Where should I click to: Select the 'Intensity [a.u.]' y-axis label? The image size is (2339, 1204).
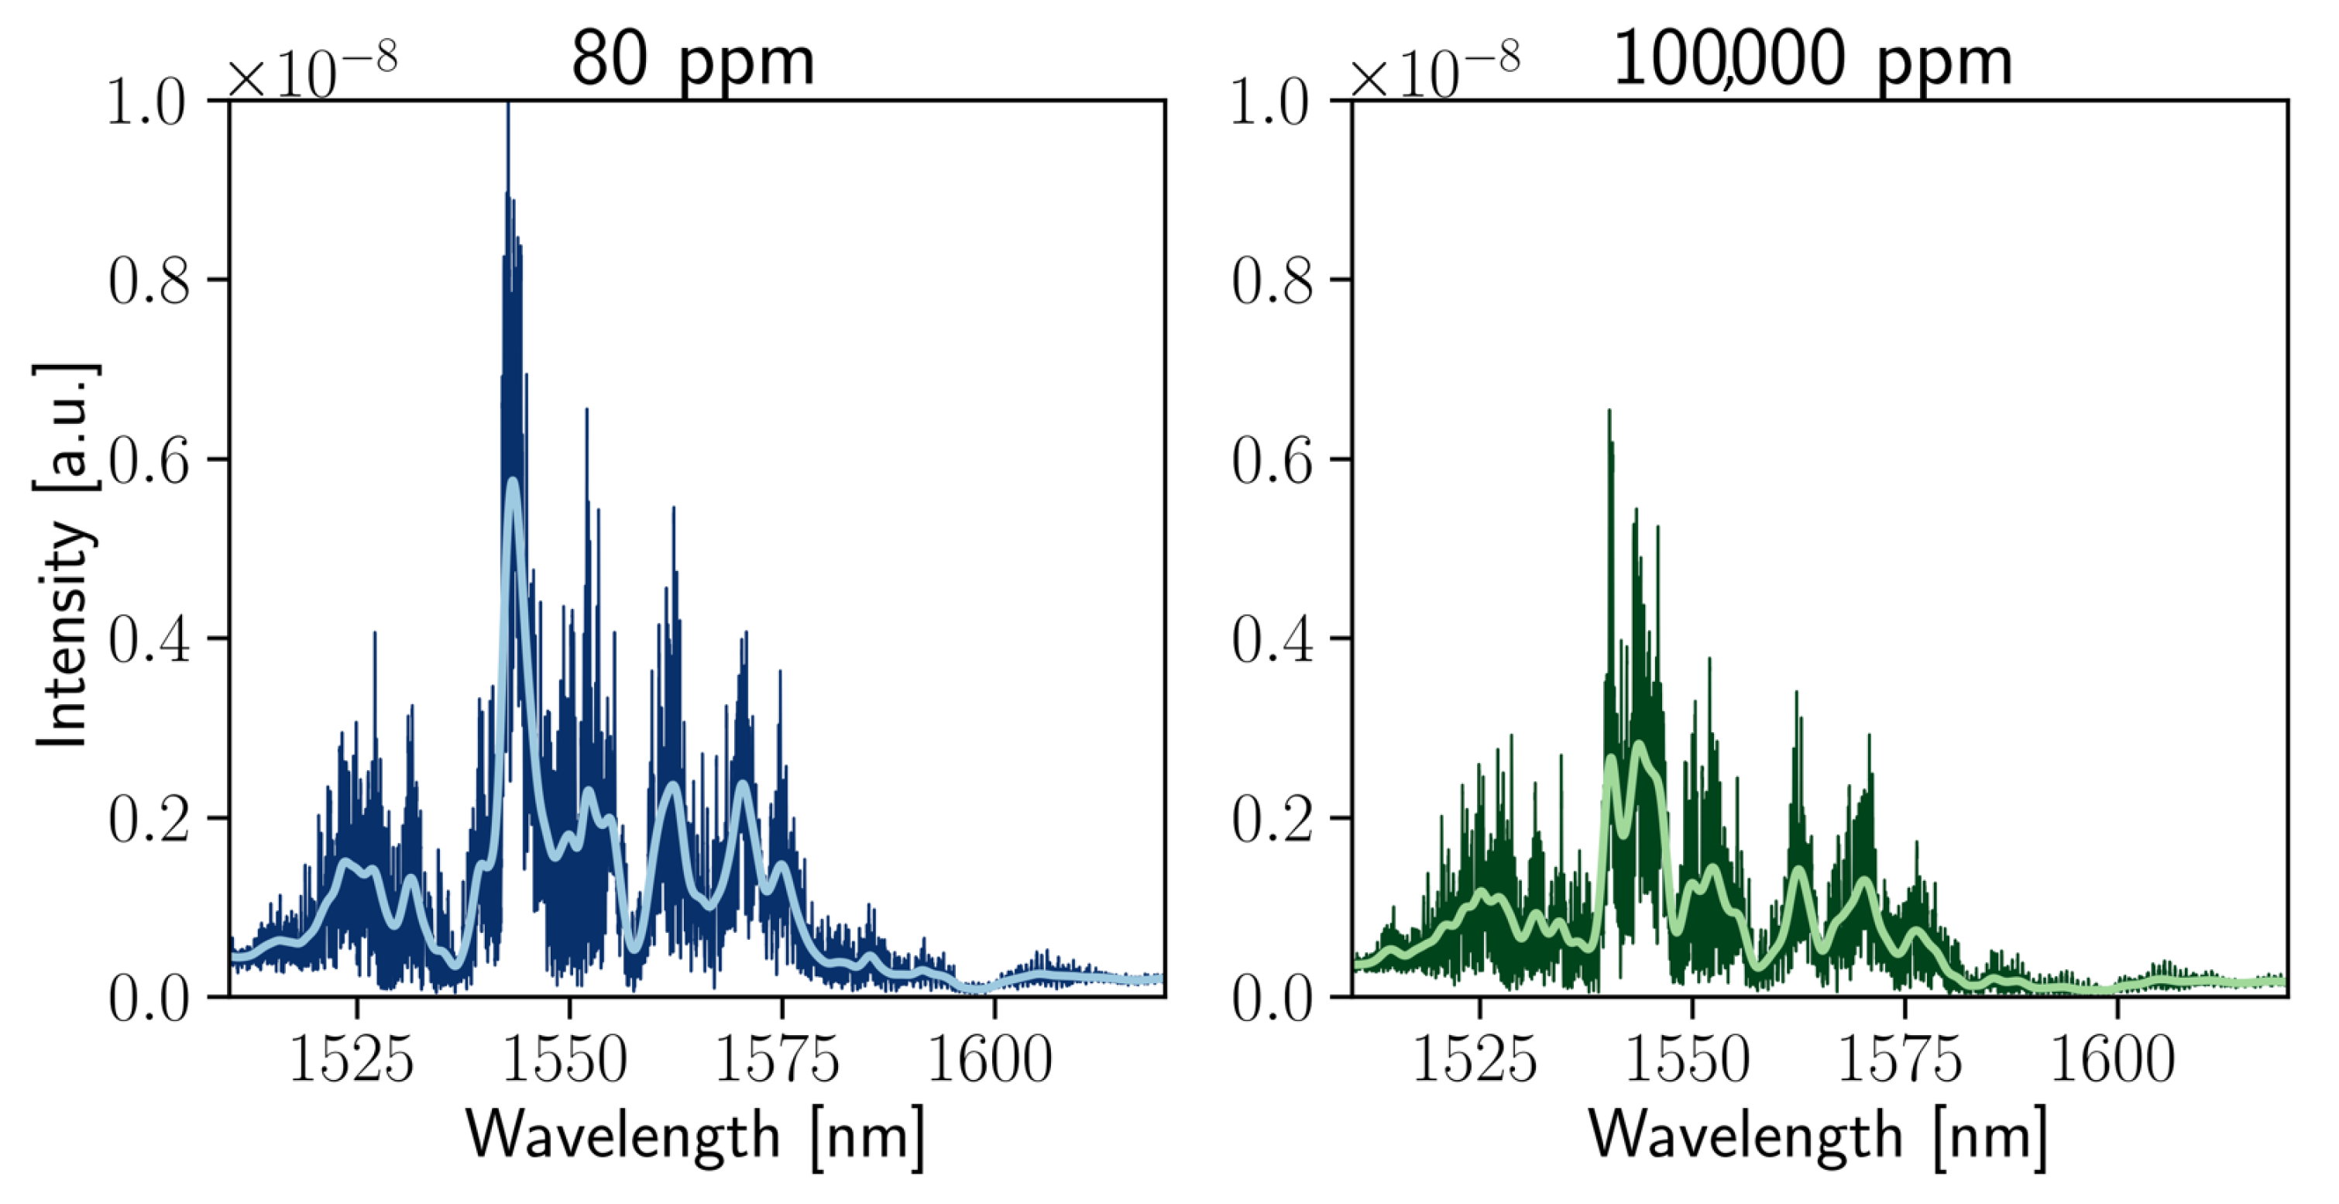point(65,556)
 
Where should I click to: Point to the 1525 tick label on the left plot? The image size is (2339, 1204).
point(352,1058)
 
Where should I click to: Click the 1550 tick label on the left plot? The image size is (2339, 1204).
point(565,1058)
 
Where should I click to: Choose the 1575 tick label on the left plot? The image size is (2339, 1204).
point(778,1058)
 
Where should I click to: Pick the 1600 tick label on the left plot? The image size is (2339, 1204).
point(991,1058)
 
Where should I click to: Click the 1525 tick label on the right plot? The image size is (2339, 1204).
point(1475,1058)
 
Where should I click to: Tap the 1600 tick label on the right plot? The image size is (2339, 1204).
point(2114,1058)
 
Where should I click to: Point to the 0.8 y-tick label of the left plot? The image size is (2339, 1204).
point(149,280)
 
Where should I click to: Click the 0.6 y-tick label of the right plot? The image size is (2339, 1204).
point(1273,460)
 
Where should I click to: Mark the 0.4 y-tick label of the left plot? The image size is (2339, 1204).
point(149,640)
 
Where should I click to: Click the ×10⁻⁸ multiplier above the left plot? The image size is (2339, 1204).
point(311,71)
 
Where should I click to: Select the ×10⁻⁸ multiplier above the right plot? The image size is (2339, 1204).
point(1434,71)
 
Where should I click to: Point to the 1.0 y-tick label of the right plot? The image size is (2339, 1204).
point(1273,101)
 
